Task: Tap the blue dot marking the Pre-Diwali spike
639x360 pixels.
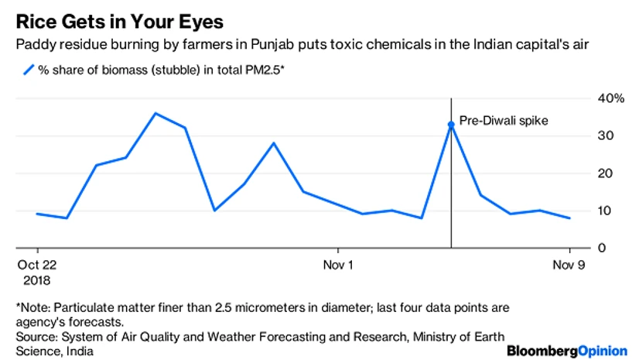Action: pyautogui.click(x=451, y=124)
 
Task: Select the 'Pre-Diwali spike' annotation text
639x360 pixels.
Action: pyautogui.click(x=503, y=121)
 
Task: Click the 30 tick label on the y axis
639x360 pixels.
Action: pyautogui.click(x=586, y=135)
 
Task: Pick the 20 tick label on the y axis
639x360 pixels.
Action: pyautogui.click(x=586, y=173)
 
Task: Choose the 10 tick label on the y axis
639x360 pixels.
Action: pyautogui.click(x=586, y=211)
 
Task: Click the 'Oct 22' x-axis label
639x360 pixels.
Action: pyautogui.click(x=38, y=264)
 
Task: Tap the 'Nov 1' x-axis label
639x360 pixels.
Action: pyautogui.click(x=338, y=264)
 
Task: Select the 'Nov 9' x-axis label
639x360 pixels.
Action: pyautogui.click(x=569, y=264)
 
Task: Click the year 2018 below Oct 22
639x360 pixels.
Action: pyautogui.click(x=36, y=277)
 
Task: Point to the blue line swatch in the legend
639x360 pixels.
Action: pyautogui.click(x=29, y=70)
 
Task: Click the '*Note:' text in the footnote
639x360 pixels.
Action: pyautogui.click(x=34, y=307)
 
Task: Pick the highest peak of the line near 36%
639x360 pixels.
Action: pyautogui.click(x=155, y=113)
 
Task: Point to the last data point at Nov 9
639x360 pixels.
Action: pyautogui.click(x=569, y=218)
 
